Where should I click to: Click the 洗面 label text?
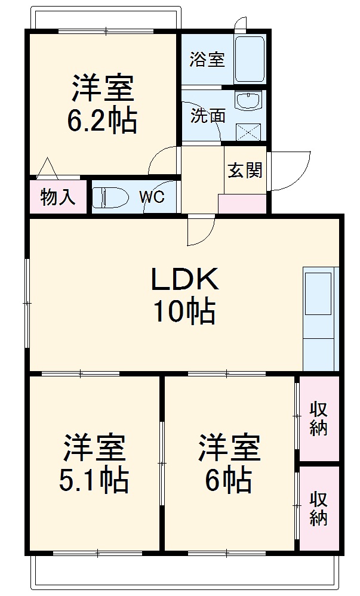208,115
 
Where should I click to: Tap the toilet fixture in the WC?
111,196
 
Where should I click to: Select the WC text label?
152,197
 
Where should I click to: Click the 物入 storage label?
58,197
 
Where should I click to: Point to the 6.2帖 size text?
101,121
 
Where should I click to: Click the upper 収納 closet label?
318,419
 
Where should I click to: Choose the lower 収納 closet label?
318,508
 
